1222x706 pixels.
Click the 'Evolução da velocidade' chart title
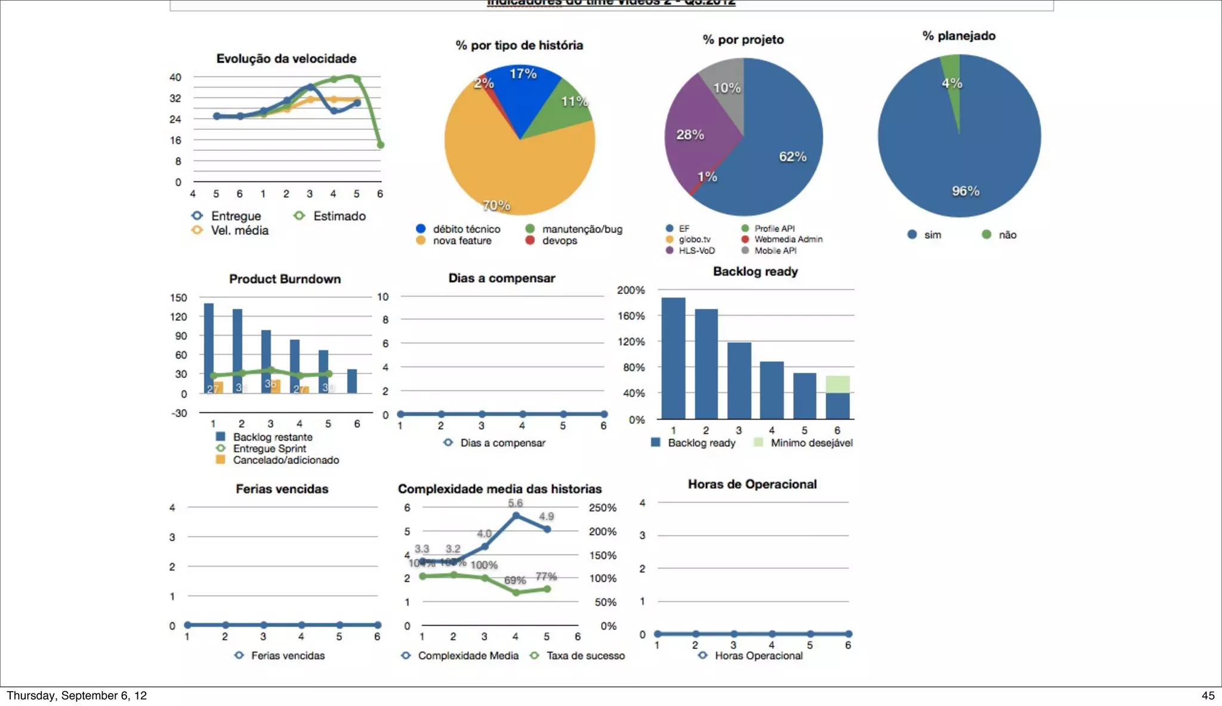pos(286,58)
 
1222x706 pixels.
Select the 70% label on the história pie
pos(496,206)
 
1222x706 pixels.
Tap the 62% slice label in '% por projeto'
pos(792,157)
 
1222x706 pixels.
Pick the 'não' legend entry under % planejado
pos(1007,235)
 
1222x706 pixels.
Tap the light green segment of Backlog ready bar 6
pos(837,384)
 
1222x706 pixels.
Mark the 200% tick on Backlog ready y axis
pos(631,290)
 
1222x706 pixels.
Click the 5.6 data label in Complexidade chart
pos(516,503)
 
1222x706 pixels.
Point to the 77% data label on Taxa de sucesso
pos(546,576)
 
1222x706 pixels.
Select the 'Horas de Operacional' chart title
pos(752,484)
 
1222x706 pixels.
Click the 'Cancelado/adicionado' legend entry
pos(285,460)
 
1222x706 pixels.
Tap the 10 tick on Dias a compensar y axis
pos(382,297)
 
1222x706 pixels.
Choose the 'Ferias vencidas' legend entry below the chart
pos(288,655)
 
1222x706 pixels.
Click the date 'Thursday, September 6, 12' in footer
pos(76,695)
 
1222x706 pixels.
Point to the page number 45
pos(1208,695)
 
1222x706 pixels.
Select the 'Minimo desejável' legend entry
pos(811,443)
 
